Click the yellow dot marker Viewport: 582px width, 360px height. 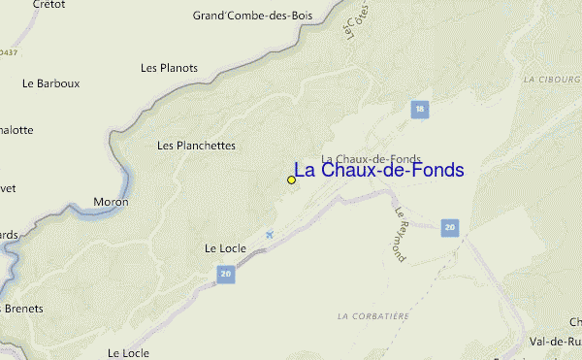[291, 180]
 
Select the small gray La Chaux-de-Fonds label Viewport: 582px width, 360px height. [371, 158]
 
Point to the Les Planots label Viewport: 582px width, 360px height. [169, 68]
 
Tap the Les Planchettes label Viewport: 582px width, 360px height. [196, 146]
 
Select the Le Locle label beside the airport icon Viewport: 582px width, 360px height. [225, 248]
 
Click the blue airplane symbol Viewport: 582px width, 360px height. [270, 234]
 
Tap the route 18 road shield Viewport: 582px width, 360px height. [419, 110]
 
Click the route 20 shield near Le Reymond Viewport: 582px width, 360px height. [448, 227]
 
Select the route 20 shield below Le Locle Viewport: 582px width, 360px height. [226, 276]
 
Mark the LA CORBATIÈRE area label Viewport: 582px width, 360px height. [373, 316]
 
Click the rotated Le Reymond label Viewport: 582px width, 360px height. [403, 232]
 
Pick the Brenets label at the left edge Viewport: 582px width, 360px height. [22, 309]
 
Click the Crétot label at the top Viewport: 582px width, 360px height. [48, 5]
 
